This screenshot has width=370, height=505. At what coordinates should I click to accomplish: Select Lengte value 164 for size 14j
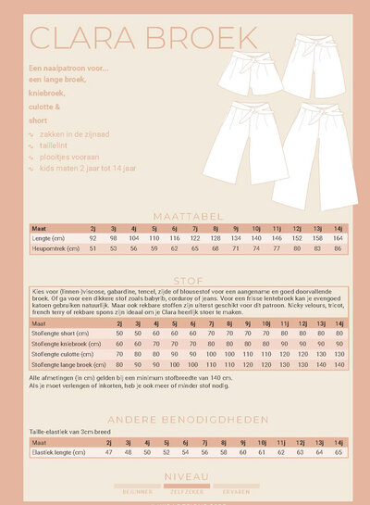(x=338, y=237)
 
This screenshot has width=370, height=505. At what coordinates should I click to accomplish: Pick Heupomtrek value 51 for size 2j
(x=93, y=247)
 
